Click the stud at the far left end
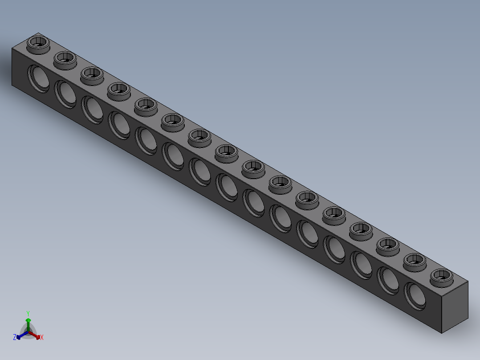coord(38,44)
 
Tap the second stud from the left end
coord(65,59)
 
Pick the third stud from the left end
coord(92,74)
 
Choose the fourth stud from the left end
coord(118,90)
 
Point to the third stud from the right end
coord(387,245)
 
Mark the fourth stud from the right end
coord(361,229)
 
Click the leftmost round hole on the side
coord(39,78)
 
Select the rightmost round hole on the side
coord(415,295)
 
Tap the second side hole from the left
coord(65,94)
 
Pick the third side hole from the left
coord(93,110)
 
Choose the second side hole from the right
coord(388,280)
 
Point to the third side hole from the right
coord(362,264)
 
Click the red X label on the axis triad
coord(42,337)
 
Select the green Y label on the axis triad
coord(28,313)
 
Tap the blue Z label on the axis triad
coord(15,337)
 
